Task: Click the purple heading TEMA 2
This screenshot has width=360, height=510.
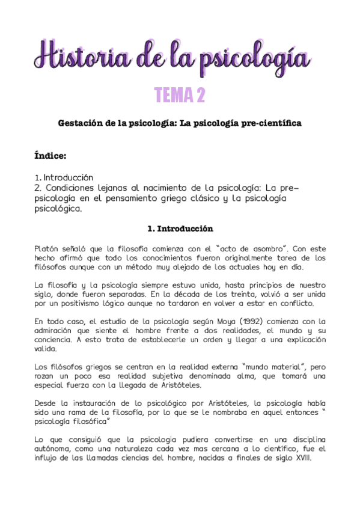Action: (180, 95)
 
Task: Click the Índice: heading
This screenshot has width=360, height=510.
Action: (50, 156)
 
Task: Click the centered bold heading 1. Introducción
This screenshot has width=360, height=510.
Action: (180, 229)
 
